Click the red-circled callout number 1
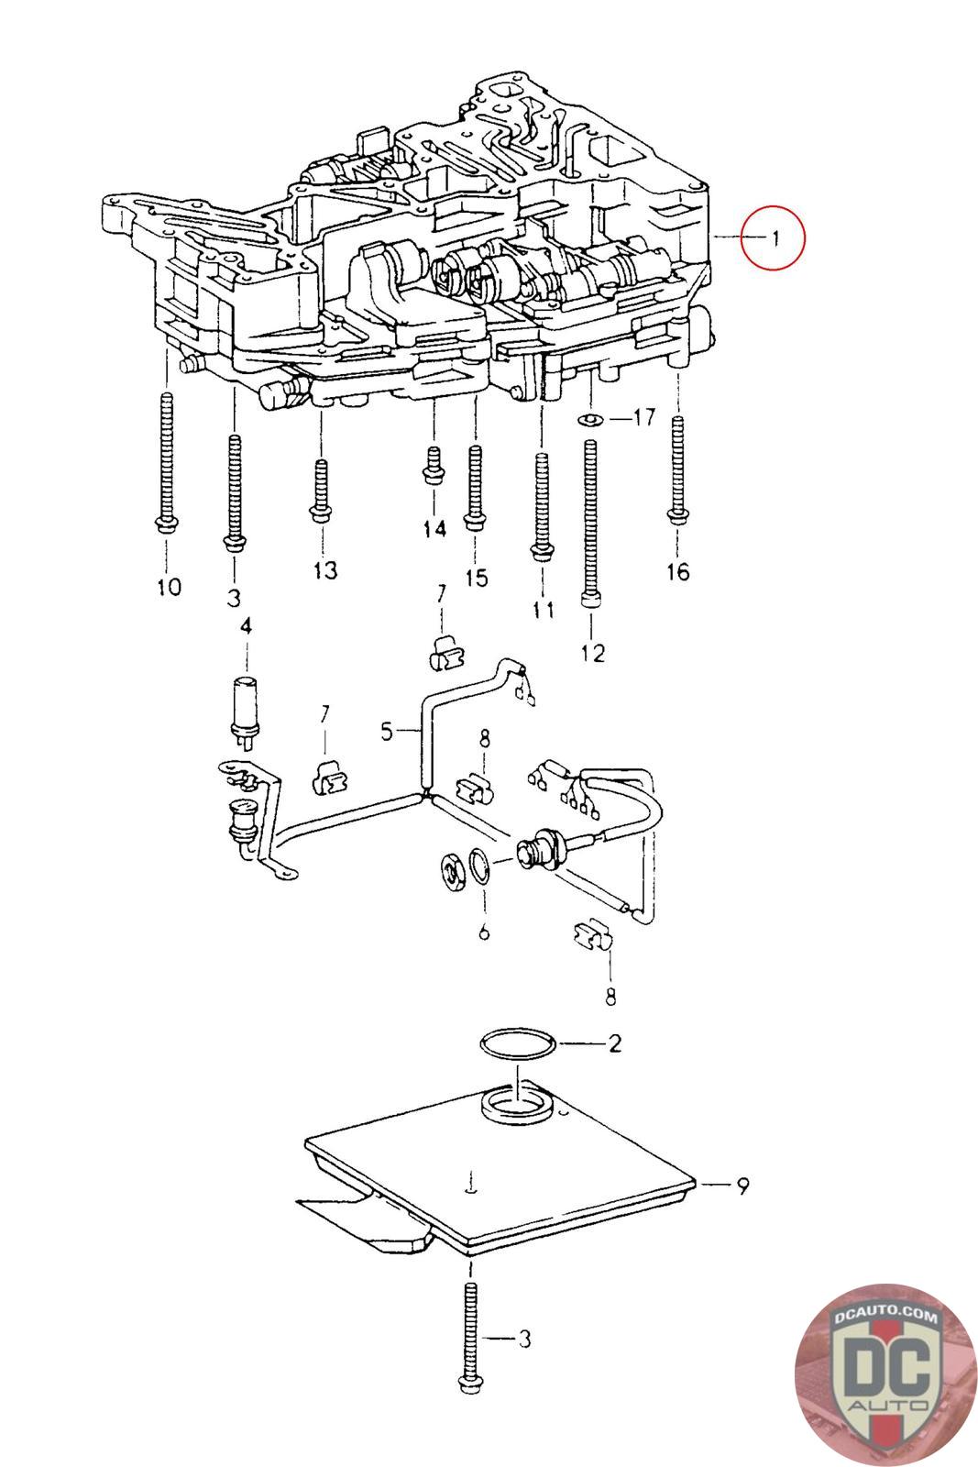tap(775, 237)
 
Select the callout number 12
tap(592, 653)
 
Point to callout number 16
tap(677, 571)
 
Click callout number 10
tap(169, 586)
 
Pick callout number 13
tap(324, 569)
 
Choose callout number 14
tap(434, 528)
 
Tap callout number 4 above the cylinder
tap(247, 627)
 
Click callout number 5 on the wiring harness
tap(387, 730)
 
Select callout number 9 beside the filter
tap(742, 1186)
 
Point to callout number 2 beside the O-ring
tap(615, 1042)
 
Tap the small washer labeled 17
tap(589, 419)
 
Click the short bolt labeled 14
tap(433, 466)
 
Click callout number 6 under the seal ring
tap(483, 932)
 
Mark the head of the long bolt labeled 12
tap(590, 600)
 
